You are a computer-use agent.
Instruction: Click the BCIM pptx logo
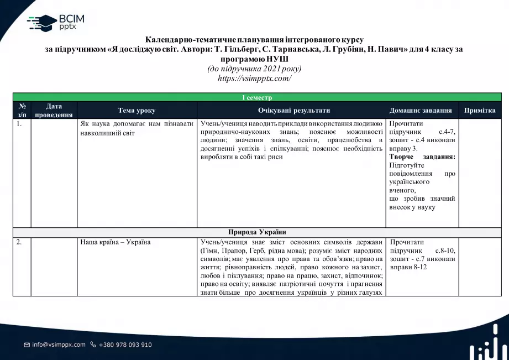point(55,22)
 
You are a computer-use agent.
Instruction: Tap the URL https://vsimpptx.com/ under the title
point(254,78)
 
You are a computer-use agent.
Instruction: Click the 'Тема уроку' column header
point(137,111)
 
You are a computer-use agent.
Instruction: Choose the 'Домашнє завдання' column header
point(421,111)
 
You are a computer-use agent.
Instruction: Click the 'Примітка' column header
point(480,111)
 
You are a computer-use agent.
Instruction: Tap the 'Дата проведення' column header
point(54,111)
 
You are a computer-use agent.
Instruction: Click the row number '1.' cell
point(20,124)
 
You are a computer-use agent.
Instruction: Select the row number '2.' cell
point(20,242)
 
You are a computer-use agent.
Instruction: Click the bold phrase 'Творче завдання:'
point(422,156)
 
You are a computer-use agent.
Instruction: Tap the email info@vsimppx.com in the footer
point(59,345)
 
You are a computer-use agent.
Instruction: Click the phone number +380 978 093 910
point(125,345)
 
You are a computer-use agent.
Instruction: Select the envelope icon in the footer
point(27,345)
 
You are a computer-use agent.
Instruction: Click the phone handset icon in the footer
point(93,345)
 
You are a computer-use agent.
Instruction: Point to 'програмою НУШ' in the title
point(254,59)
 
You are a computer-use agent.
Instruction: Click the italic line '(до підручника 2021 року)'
point(254,69)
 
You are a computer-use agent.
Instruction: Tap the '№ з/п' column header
point(22,111)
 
